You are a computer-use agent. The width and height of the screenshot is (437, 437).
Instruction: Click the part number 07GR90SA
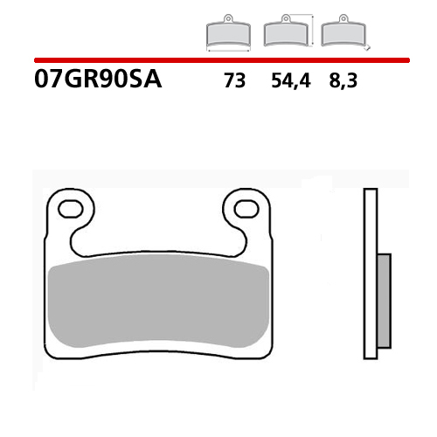[99, 81]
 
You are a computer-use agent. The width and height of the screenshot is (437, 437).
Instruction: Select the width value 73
[234, 81]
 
